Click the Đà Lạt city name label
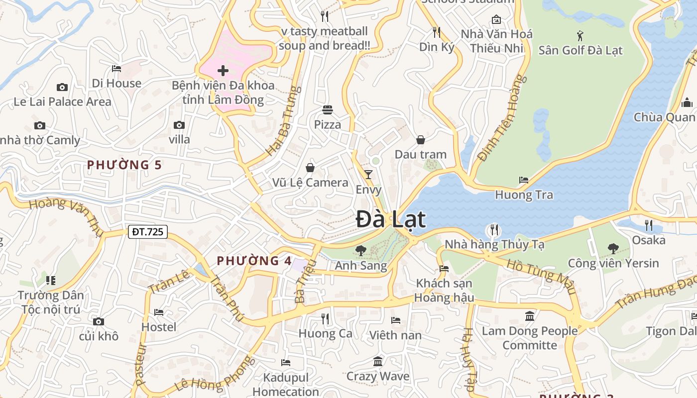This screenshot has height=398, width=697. point(391,219)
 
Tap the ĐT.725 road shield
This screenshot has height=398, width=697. point(148,231)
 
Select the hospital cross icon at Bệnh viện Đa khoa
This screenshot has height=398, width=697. point(223,70)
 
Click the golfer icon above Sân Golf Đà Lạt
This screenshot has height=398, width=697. point(580,35)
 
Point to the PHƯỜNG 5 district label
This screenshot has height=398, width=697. point(124,165)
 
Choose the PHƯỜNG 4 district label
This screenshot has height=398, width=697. point(254,260)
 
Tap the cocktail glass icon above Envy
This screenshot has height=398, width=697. point(368,174)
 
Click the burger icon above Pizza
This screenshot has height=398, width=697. point(328,109)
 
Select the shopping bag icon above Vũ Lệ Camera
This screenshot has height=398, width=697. point(310,168)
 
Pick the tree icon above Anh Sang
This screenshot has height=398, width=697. point(360,251)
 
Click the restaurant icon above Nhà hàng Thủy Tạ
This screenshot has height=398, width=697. point(494,230)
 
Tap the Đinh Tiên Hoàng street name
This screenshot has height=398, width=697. point(501,118)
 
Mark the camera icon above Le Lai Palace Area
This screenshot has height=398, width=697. point(62,88)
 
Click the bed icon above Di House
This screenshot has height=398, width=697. point(116,69)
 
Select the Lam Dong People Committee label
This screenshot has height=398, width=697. point(530,338)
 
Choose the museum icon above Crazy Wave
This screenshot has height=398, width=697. point(378,361)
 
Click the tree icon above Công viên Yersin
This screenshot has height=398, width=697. point(613,248)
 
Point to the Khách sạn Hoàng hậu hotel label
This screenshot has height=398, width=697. point(445,290)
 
